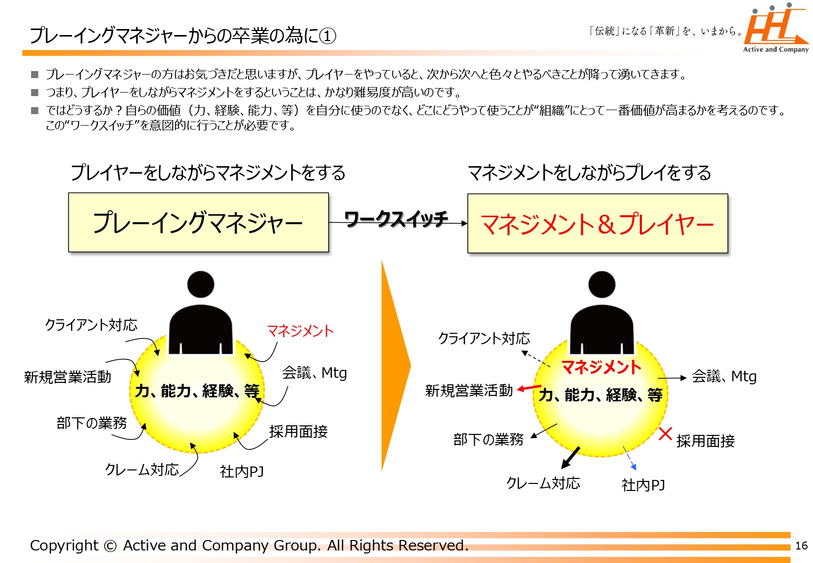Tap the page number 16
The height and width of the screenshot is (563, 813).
coord(801,545)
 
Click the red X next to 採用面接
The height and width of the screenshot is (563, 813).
coord(665,433)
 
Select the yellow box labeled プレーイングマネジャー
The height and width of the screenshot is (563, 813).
coord(199,222)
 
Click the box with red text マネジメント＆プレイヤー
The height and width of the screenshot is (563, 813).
coord(597,223)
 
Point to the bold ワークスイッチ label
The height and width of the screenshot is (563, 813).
coord(396,219)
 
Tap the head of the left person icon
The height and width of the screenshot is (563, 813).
coord(201,284)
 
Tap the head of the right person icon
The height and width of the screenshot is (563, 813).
coord(602,284)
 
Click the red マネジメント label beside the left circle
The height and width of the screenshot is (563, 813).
coord(300,331)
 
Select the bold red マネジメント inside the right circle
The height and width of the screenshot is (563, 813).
coord(601,367)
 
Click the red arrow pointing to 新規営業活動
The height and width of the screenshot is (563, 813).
coord(529,388)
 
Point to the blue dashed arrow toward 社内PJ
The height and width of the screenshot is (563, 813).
coord(629,458)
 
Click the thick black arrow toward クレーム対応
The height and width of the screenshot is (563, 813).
coord(570,458)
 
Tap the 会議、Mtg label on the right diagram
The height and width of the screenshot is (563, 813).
coord(724,377)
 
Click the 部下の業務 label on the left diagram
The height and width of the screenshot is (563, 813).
coord(92,423)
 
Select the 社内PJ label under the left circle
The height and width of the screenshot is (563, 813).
coord(242,471)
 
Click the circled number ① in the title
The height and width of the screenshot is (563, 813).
coord(329,36)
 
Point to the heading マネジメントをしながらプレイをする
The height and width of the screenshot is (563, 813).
coord(590,173)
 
